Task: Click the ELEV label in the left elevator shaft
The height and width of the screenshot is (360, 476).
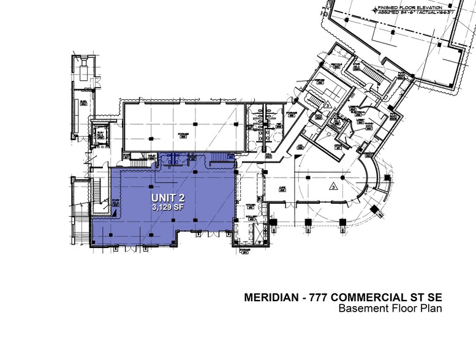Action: point(99,134)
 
